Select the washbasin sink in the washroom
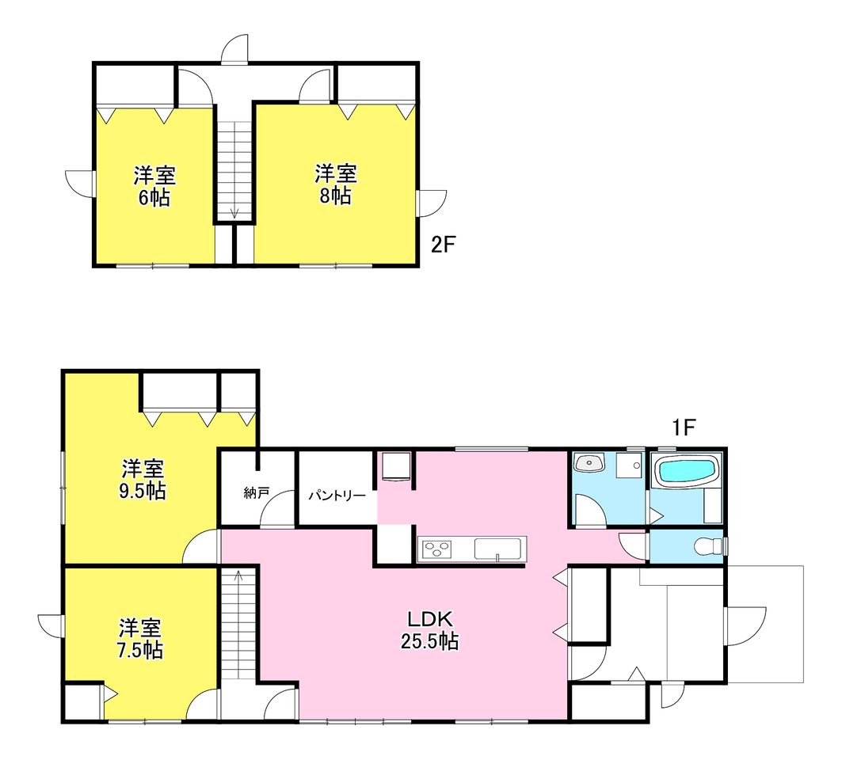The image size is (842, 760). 589,462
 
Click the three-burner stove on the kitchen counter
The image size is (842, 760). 437,549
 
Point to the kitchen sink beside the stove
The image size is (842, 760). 497,549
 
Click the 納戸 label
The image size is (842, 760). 256,492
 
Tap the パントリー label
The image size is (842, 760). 337,495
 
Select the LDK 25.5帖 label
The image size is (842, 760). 429,630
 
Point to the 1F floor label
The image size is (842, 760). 684,427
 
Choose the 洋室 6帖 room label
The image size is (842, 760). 154,186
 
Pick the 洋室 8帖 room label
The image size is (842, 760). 336,184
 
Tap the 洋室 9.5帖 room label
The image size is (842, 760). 143,479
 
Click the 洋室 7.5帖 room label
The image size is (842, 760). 139,638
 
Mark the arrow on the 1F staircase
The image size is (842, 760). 238,577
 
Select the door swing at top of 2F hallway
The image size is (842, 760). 235,50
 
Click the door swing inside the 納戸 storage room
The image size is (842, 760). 277,508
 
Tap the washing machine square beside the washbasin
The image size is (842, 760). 629,465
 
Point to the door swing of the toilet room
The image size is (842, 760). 633,546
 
